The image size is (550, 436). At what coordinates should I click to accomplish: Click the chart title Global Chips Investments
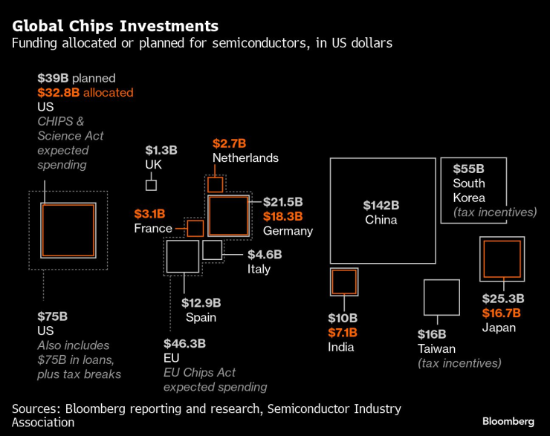click(115, 27)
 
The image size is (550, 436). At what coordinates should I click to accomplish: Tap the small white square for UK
click(151, 185)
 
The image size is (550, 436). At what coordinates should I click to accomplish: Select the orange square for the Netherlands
click(215, 184)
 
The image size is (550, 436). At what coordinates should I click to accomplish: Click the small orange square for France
click(195, 228)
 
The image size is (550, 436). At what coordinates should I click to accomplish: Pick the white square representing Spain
click(182, 256)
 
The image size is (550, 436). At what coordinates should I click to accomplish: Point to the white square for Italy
click(212, 250)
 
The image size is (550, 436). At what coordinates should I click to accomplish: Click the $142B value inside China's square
click(381, 204)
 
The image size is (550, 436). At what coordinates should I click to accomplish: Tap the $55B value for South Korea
click(468, 169)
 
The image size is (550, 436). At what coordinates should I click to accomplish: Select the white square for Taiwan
click(441, 298)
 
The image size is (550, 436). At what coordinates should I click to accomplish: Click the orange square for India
click(343, 282)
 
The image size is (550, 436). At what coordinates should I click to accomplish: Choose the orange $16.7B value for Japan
click(501, 313)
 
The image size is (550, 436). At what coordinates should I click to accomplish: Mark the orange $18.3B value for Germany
click(283, 216)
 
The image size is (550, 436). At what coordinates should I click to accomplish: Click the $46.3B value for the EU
click(184, 344)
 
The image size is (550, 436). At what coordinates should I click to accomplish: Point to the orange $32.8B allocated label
click(85, 93)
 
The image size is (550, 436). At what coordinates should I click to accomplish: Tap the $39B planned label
click(77, 78)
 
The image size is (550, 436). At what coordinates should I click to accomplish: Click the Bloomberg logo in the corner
click(508, 421)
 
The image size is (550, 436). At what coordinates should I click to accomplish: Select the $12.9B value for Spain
click(201, 302)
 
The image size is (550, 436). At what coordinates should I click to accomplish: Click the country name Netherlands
click(245, 157)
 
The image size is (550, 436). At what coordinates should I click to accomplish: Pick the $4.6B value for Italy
click(265, 254)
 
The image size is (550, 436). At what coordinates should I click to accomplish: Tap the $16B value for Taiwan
click(431, 333)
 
